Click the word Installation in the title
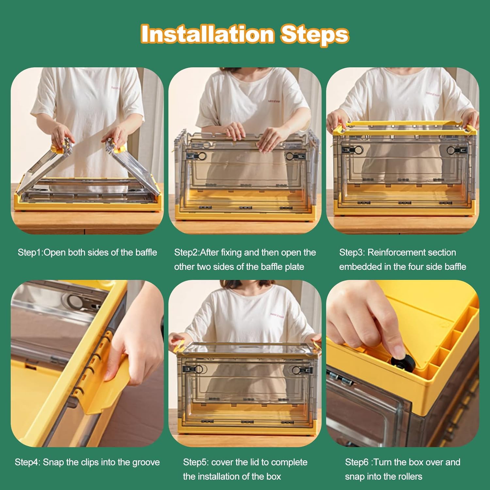[x=207, y=34]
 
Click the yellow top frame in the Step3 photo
[x=403, y=128]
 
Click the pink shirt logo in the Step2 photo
[x=274, y=101]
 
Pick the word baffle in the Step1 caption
[x=145, y=253]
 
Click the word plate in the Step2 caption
[x=294, y=267]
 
